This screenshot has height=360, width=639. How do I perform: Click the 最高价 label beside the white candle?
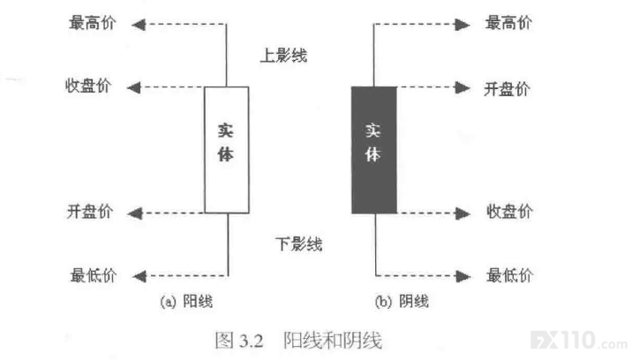[93, 23]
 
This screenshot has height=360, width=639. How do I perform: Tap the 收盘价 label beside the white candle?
[88, 86]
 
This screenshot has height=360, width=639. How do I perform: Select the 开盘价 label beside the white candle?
[90, 212]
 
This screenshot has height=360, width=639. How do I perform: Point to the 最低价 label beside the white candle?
[94, 275]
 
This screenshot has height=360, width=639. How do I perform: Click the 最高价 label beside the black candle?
[508, 23]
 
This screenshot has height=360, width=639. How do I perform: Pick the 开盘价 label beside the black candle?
[507, 89]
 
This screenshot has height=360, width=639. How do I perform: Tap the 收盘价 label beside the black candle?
[509, 212]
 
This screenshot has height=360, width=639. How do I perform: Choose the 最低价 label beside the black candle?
[510, 275]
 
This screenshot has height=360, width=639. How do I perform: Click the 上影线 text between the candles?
[283, 56]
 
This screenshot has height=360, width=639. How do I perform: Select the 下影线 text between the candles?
[298, 244]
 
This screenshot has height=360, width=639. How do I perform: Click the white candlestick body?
[227, 150]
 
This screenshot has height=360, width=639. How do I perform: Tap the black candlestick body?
[374, 150]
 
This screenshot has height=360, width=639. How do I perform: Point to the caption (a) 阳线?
[186, 302]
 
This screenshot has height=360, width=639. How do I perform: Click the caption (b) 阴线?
[402, 302]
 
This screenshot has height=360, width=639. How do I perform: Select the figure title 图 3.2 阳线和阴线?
[298, 341]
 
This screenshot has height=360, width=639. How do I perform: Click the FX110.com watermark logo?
[579, 341]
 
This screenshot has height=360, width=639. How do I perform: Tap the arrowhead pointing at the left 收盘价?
[134, 87]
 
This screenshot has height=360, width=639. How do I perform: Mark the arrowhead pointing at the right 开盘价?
[462, 87]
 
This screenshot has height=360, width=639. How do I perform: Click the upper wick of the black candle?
[373, 56]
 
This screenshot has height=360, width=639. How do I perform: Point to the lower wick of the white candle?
[228, 244]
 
